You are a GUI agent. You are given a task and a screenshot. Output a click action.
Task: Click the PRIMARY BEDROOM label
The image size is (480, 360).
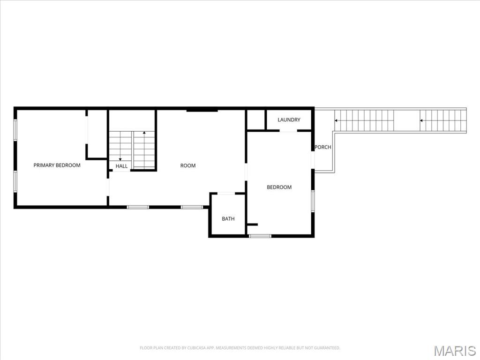pos(57,165)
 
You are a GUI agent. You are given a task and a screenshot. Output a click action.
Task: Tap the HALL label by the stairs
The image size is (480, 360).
pos(121,166)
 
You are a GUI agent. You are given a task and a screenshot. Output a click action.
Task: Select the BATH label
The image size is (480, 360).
pos(228,219)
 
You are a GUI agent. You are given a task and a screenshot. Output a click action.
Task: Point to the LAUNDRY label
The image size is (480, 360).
pos(289,120)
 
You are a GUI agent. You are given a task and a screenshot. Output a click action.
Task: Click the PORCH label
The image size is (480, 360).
pos(322,147)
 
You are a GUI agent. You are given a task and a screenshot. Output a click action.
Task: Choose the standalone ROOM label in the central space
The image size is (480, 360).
pos(188,165)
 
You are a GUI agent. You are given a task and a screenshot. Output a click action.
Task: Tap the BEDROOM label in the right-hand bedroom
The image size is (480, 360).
pos(279,187)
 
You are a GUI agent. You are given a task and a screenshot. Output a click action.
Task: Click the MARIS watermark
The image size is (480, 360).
pos(455,350)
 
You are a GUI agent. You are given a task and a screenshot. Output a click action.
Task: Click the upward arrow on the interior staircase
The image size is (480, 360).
pos(144,134)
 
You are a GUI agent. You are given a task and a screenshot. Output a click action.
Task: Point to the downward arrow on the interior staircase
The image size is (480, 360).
pos(120,159)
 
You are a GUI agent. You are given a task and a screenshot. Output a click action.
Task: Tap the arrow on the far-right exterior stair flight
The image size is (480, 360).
pos(422,120)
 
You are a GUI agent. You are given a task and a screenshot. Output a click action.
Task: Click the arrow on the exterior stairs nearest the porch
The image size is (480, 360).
pos(336,120)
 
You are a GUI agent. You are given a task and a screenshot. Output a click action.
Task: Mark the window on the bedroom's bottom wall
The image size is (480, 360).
pos(260,236)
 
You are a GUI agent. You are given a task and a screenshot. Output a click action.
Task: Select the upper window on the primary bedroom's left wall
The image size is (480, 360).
pos(15,130)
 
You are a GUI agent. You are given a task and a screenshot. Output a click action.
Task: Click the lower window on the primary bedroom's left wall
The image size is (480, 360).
pos(15,181)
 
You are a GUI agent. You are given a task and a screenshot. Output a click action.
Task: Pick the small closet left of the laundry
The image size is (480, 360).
pos(256,120)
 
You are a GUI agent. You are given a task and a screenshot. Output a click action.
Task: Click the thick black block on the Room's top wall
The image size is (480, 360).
pos(202,110)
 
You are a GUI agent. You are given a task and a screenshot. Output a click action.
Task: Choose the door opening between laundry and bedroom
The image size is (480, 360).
pos(288,131)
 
